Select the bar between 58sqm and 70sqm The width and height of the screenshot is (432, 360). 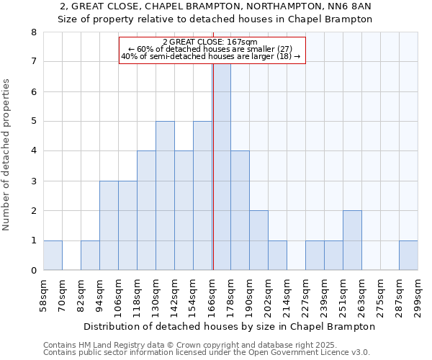53,256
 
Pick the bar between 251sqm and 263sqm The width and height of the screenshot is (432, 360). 352,240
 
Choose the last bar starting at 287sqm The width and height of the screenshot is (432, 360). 408,256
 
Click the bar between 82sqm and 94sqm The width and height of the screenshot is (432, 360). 90,256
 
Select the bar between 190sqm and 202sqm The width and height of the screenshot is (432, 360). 258,240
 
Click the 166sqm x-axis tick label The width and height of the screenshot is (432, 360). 212,295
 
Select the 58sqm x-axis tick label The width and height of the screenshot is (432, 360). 43,295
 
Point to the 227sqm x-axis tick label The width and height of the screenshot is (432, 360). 305,295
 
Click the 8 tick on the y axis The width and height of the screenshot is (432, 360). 33,32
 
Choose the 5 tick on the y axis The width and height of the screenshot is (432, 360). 33,122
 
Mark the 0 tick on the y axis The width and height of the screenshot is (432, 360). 33,271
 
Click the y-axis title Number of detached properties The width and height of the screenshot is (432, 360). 8,155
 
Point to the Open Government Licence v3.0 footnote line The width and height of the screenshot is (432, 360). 206,352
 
